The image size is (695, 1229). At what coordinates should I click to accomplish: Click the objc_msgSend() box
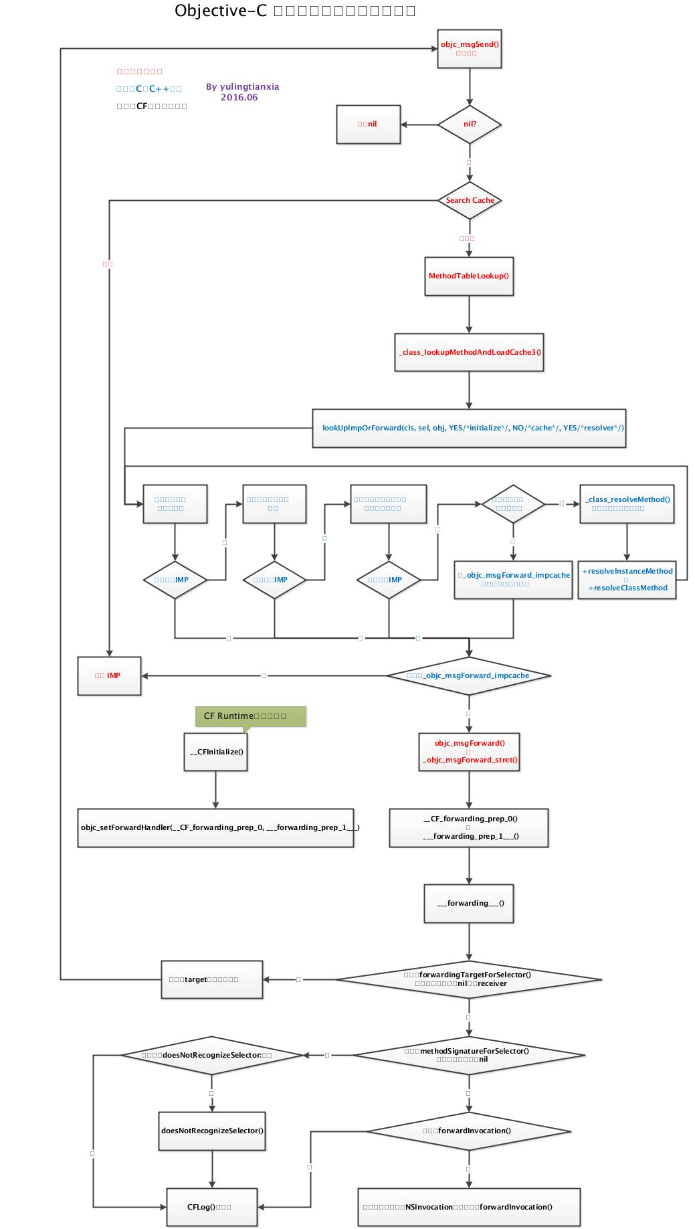[469, 49]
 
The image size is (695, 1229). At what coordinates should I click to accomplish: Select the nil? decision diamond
[469, 125]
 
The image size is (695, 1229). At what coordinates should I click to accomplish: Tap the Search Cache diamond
[469, 200]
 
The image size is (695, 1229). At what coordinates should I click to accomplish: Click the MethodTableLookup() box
[469, 276]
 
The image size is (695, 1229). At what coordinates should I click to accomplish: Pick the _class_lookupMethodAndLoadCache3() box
[469, 352]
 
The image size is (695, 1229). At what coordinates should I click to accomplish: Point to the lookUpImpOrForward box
[469, 428]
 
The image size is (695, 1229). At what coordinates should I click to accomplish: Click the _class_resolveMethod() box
[627, 503]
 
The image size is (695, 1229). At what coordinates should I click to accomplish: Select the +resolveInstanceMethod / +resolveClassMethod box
[627, 580]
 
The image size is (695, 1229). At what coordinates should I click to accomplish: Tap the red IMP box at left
[109, 675]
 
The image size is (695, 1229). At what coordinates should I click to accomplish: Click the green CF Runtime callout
[250, 716]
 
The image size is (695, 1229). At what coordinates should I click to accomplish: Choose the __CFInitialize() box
[215, 752]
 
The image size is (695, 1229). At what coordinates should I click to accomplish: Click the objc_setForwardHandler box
[215, 827]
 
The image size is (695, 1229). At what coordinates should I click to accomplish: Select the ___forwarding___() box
[469, 903]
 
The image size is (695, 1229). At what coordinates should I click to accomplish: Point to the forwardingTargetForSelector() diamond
[469, 979]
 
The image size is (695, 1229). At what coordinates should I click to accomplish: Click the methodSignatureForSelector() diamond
[469, 1055]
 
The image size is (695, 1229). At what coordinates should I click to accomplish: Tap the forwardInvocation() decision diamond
[469, 1131]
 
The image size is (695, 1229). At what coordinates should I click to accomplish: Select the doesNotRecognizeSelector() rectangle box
[212, 1131]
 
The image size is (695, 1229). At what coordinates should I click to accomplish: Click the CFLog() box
[211, 1207]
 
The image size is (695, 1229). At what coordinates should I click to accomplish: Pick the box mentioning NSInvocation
[469, 1207]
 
